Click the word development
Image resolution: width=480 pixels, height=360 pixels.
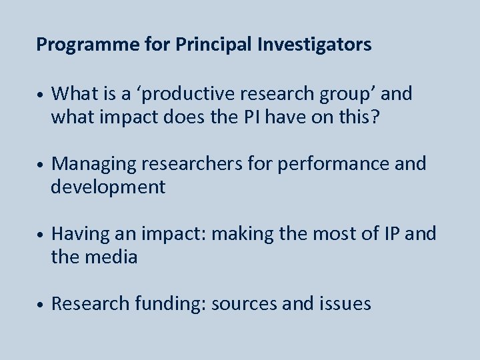[x=108, y=187]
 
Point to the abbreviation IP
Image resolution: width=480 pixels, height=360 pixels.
[x=392, y=234]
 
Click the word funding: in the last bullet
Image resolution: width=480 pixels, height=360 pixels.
[x=170, y=304]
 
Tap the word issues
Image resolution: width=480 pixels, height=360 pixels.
[x=346, y=304]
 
